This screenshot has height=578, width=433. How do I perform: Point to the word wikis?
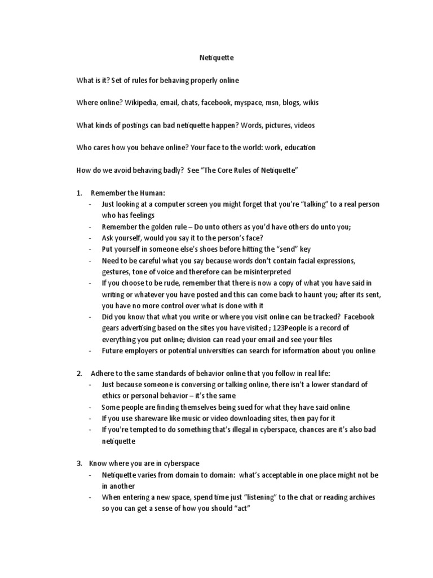311,103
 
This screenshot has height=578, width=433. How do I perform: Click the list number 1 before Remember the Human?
79,193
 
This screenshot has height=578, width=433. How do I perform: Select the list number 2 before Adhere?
79,373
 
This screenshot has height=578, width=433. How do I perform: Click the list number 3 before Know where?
79,463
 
